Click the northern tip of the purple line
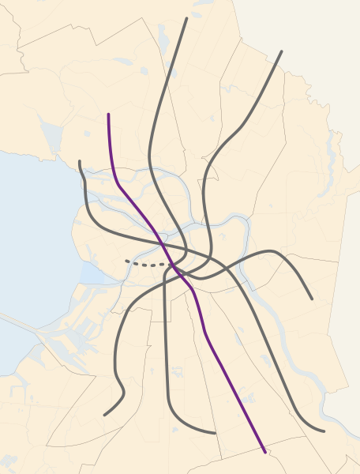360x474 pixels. tap(108, 115)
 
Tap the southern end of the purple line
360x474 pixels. tap(264, 452)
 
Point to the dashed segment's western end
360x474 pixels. tap(126, 261)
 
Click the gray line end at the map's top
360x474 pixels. tap(186, 18)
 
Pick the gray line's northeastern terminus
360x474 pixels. tap(282, 52)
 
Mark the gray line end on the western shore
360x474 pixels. tap(80, 162)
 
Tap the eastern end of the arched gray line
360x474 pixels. tap(312, 299)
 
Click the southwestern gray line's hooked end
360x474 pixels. tap(104, 414)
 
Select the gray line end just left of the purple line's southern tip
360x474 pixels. tap(215, 433)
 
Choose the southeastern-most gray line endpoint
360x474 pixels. tap(324, 431)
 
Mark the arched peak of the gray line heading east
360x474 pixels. tap(272, 251)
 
